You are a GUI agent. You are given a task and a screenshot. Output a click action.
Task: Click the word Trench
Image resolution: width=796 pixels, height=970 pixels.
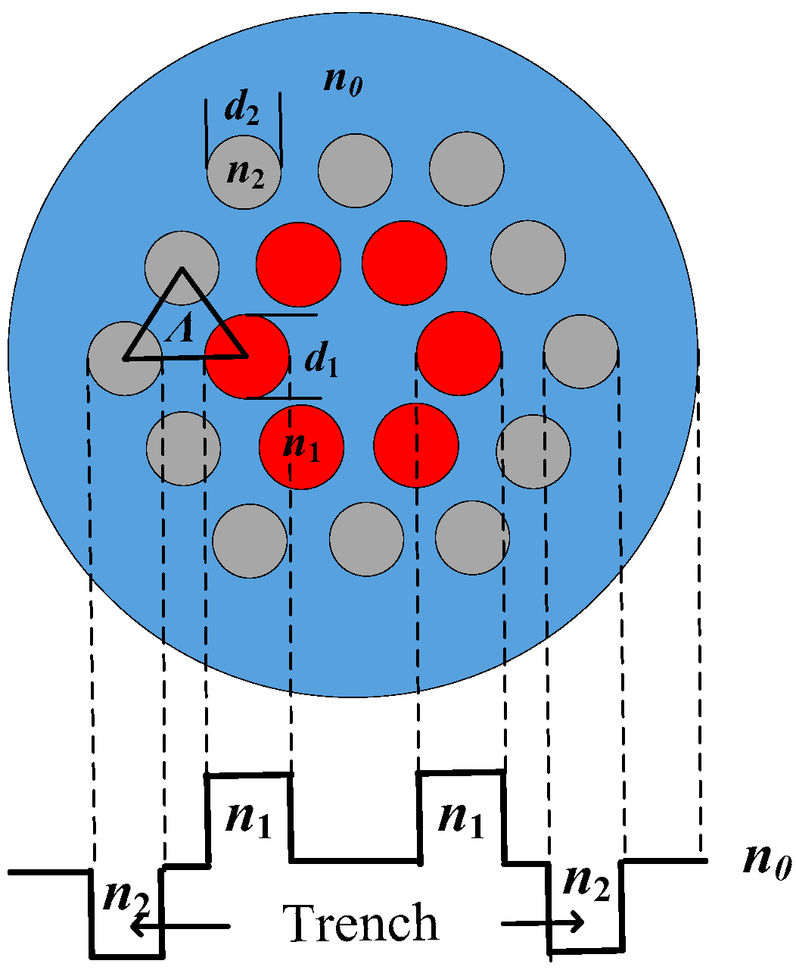pos(360,923)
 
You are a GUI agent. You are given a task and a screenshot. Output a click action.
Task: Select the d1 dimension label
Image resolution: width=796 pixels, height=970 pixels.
pos(321,361)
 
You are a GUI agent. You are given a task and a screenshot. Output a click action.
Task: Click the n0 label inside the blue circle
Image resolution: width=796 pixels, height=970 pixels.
pos(343,80)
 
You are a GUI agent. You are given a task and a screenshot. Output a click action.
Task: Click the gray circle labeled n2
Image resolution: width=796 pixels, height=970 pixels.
pos(244,173)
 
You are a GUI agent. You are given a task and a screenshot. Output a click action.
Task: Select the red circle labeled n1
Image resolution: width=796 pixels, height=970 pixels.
pos(301,447)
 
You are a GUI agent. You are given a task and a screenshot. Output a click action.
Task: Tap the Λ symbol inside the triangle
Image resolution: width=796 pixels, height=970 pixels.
pos(179,329)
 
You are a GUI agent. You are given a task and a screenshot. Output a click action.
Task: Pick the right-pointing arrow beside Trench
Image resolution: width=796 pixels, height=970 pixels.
pos(543,922)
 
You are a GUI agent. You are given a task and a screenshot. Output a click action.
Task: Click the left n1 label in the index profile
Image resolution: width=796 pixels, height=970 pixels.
pos(248,821)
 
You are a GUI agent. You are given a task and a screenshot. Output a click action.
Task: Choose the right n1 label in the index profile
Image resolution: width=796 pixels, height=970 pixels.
pos(461,821)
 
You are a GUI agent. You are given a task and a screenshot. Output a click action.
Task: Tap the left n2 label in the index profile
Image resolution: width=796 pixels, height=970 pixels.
pos(125,898)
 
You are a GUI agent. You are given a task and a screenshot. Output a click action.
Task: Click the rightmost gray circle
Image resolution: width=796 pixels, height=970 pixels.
pos(581,352)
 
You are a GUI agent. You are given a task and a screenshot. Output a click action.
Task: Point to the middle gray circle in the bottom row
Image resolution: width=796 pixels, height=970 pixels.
pos(366,538)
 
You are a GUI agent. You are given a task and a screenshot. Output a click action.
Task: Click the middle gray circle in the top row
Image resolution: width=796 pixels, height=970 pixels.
pos(355,170)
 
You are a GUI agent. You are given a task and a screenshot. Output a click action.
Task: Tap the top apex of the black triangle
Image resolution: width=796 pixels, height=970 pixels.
pos(182,270)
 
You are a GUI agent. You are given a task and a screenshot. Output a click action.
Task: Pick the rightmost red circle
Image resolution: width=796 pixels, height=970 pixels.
pos(459,354)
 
